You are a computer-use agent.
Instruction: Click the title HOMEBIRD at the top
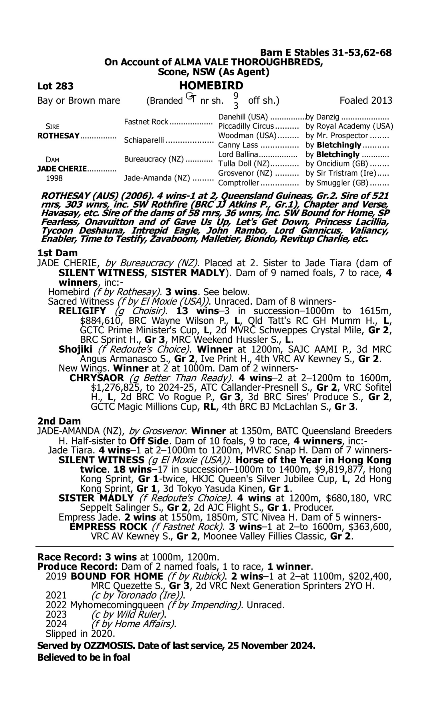pyautogui.click(x=211, y=86)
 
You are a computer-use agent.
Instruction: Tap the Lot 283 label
pyautogui.click(x=55, y=86)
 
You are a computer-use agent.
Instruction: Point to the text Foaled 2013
pyautogui.click(x=366, y=101)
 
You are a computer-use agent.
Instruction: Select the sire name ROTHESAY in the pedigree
pyautogui.click(x=58, y=136)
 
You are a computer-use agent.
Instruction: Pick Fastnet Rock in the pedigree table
pyautogui.click(x=146, y=122)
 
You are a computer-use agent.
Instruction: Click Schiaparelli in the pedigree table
pyautogui.click(x=144, y=140)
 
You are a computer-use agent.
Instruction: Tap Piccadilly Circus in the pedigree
pyautogui.click(x=246, y=126)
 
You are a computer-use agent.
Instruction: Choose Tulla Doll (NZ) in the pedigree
pyautogui.click(x=244, y=164)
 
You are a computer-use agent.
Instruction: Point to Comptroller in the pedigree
pyautogui.click(x=239, y=183)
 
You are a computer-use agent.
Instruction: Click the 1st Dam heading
pyautogui.click(x=57, y=253)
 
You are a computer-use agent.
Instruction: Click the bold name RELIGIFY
pyautogui.click(x=82, y=311)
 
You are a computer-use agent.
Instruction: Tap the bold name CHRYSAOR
pyautogui.click(x=97, y=378)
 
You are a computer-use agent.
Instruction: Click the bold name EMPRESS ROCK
pyautogui.click(x=108, y=526)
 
